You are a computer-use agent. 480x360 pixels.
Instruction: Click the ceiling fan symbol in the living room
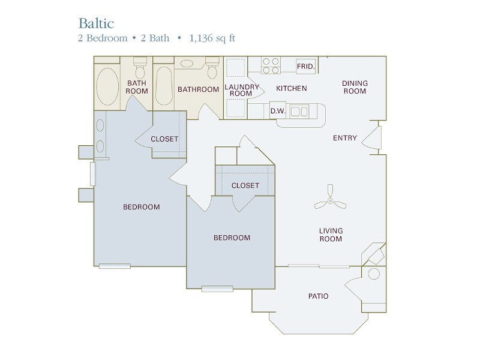(x=331, y=202)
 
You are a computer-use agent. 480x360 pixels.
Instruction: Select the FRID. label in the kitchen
(x=305, y=66)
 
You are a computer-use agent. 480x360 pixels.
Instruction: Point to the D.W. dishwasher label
(x=277, y=111)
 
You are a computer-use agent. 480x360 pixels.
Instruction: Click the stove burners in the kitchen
(x=271, y=65)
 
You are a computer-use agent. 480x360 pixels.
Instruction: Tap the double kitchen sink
(x=299, y=111)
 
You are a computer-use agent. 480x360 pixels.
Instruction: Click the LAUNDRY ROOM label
(x=242, y=90)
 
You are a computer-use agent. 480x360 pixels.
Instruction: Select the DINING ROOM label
(x=354, y=87)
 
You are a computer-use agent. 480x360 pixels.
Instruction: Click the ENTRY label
(x=345, y=138)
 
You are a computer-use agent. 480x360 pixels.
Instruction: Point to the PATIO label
(x=319, y=296)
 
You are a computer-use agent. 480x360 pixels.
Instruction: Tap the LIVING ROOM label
(x=331, y=235)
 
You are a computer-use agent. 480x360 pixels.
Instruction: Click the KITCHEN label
(x=291, y=89)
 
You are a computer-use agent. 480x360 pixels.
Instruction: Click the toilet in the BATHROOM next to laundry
(x=212, y=70)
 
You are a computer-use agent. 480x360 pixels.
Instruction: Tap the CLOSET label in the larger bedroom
(x=164, y=139)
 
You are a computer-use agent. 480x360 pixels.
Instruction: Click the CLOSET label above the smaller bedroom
(x=245, y=185)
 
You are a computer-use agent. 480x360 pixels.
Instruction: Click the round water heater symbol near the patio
(x=373, y=275)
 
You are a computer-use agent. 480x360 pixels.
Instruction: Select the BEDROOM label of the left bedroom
(x=142, y=207)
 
